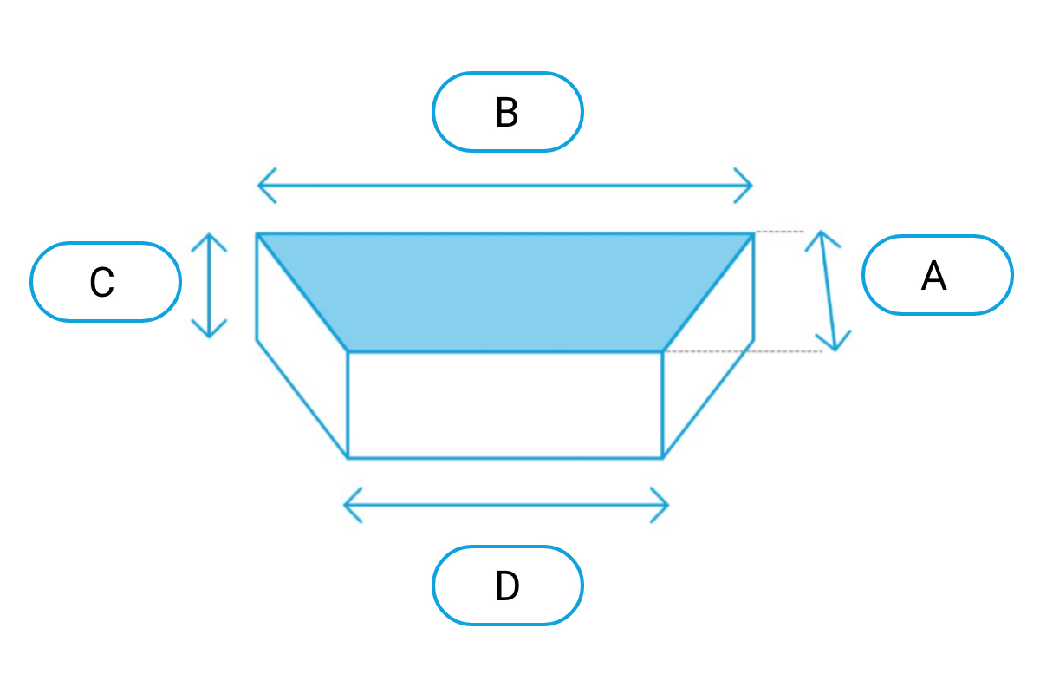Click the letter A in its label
click(x=933, y=276)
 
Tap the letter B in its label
click(x=506, y=112)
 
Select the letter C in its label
click(x=101, y=282)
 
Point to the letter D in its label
click(x=507, y=586)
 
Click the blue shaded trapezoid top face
click(x=505, y=292)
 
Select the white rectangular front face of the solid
click(x=505, y=405)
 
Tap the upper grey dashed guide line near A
click(x=779, y=231)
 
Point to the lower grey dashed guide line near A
click(x=744, y=351)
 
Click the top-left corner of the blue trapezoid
click(x=257, y=234)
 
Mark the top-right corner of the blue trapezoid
click(x=753, y=234)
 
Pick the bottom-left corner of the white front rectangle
click(x=348, y=458)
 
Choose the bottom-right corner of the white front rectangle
click(x=662, y=458)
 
